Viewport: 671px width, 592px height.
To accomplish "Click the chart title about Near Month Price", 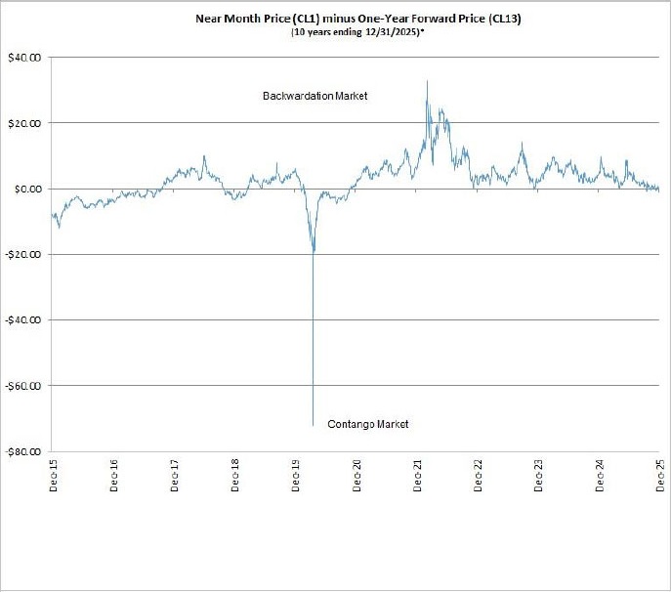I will point(361,18).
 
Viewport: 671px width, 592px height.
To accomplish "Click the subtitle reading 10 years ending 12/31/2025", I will point(361,32).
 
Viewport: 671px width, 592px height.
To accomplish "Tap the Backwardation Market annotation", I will point(315,97).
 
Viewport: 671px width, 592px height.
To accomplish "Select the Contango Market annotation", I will point(368,424).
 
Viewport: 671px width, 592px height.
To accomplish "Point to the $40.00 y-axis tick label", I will point(28,57).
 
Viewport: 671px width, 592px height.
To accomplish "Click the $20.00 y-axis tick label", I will point(28,123).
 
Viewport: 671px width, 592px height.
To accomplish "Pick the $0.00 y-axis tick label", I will point(30,189).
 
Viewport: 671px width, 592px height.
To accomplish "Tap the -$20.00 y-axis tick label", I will point(26,254).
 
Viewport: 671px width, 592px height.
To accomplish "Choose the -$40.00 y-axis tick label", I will point(26,320).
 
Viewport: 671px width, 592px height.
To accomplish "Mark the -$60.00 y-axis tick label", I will point(26,386).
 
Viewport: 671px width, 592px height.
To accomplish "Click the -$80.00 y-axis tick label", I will point(26,452).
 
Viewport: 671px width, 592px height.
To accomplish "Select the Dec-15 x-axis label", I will point(53,475).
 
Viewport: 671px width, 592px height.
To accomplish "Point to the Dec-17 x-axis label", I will point(174,475).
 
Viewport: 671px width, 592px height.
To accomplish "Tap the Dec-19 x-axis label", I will point(296,475).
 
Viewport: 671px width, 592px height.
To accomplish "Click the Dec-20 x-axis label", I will point(356,475).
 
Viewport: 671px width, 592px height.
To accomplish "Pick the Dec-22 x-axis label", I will point(478,475).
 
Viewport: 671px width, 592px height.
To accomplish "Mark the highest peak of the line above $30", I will point(427,81).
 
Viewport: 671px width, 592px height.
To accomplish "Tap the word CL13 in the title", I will point(507,18).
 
